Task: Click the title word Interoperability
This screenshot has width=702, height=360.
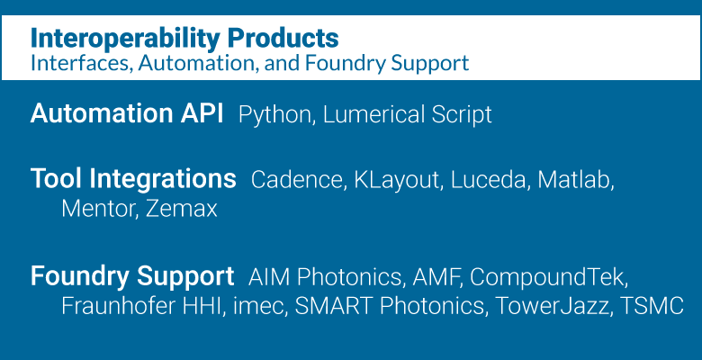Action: pyautogui.click(x=125, y=39)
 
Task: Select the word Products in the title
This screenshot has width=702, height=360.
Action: pyautogui.click(x=283, y=38)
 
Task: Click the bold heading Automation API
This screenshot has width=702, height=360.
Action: pyautogui.click(x=127, y=113)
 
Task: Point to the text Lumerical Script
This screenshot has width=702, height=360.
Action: pyautogui.click(x=408, y=114)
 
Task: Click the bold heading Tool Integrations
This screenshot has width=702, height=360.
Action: pyautogui.click(x=133, y=179)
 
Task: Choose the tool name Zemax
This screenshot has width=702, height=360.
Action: pyautogui.click(x=182, y=209)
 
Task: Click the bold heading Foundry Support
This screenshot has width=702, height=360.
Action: pyautogui.click(x=132, y=276)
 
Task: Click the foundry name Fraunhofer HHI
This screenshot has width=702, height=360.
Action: pyautogui.click(x=143, y=306)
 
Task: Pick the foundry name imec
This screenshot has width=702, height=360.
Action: pyautogui.click(x=260, y=306)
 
